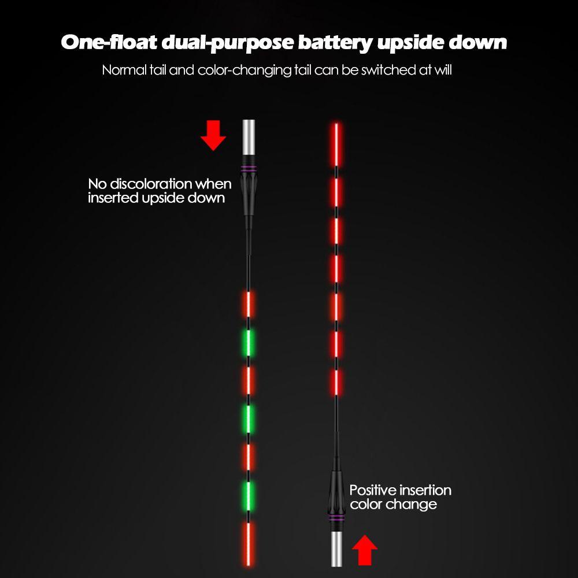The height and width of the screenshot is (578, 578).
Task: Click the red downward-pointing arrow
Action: coord(213,136)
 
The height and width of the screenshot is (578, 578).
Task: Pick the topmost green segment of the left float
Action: coord(249,342)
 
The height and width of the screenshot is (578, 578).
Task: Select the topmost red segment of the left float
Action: coord(249,304)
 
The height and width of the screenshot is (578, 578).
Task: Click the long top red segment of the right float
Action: coord(336,142)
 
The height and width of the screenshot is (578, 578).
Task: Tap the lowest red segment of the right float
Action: coord(336,382)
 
